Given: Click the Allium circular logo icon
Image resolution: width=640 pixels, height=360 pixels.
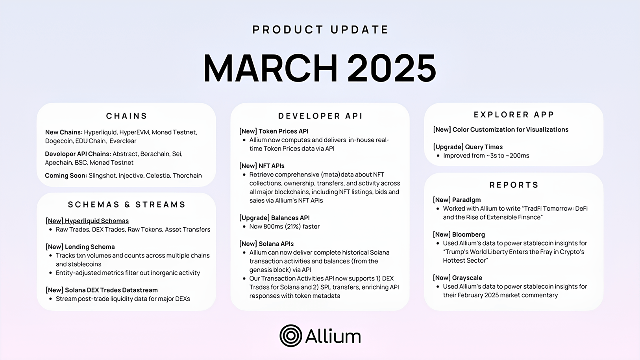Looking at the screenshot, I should coord(290,336).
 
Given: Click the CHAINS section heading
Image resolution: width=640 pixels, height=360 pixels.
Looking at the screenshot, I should coord(126,116).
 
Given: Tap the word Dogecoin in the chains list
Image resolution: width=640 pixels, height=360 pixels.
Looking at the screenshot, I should coord(59,141).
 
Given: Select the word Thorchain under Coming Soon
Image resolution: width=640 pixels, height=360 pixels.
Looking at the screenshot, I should coord(187,176).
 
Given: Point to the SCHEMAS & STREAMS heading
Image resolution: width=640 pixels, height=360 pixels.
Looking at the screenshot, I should coord(126,204).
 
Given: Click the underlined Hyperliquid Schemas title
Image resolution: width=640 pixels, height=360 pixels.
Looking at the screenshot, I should coord(96,221).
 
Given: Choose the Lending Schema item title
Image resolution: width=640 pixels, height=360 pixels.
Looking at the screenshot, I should coord(90,247).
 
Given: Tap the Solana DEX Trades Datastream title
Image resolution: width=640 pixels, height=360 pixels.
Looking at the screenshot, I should coord(111,290).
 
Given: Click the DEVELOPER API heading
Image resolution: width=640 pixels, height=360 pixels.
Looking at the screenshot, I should coord(320,116).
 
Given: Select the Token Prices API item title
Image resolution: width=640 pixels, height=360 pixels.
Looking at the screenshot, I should coord(283,131).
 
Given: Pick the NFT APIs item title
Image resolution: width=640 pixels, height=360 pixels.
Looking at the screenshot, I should coord(271,166).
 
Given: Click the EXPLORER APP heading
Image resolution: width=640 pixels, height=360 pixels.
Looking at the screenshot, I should coord(514,115).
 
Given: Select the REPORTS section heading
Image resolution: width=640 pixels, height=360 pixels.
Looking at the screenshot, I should coord(514,185).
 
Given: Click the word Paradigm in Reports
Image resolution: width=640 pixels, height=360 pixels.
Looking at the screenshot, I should coord(466,200).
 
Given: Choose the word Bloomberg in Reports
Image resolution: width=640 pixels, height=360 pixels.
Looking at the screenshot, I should coord(468,234).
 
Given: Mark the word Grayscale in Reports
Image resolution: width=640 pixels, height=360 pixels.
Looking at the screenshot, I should coord(467,278).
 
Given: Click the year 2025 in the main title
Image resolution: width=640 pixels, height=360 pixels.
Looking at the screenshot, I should coord(391,68).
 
